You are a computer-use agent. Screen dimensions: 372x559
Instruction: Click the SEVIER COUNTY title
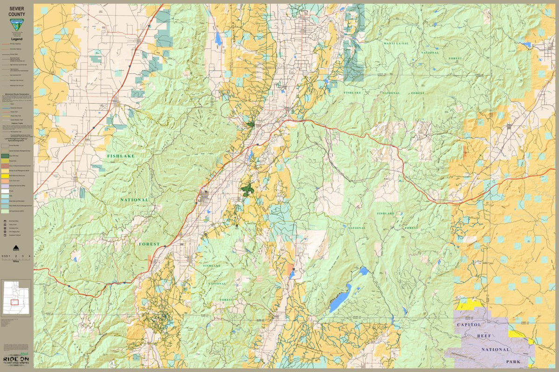pos(17,11)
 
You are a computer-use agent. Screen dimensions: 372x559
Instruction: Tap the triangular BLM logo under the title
pos(16,26)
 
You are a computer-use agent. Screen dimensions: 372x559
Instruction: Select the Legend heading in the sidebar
pos(17,40)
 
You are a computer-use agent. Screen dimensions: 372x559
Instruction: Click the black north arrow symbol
pos(16,247)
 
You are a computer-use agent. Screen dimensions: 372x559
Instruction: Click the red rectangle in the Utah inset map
pos(14,302)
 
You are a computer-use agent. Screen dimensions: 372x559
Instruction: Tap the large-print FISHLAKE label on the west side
pos(120,156)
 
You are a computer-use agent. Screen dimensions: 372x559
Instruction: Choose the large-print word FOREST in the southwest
pos(149,244)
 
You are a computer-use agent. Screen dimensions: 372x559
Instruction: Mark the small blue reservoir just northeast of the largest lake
pos(363,271)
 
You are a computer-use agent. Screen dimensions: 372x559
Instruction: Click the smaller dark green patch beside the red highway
pos(251,125)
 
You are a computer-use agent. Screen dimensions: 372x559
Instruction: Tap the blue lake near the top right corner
pos(526,45)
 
